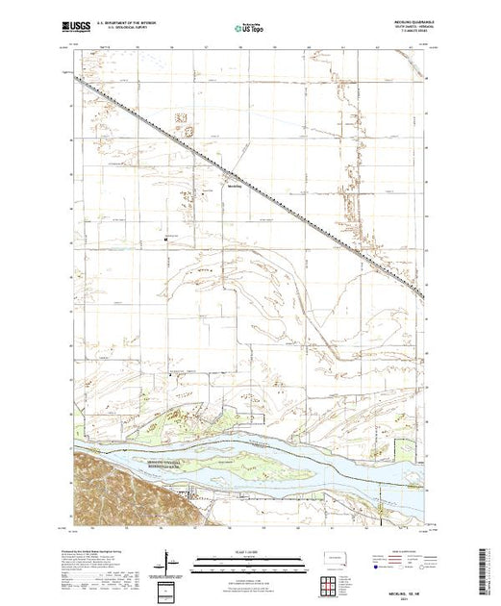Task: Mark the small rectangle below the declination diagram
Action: (168, 588)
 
